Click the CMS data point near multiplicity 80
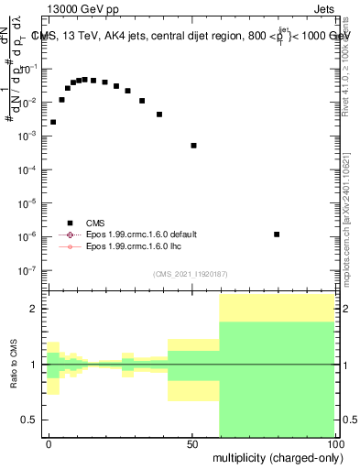(277, 234)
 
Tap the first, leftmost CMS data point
(53, 122)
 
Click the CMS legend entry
(96, 222)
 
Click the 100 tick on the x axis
(335, 442)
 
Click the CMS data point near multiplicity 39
(159, 115)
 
